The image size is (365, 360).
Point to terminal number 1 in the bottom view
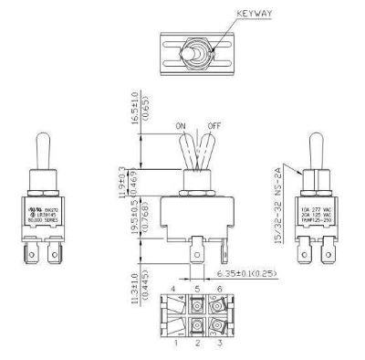pyautogui.click(x=172, y=345)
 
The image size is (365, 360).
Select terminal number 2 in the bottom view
pyautogui.click(x=193, y=345)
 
